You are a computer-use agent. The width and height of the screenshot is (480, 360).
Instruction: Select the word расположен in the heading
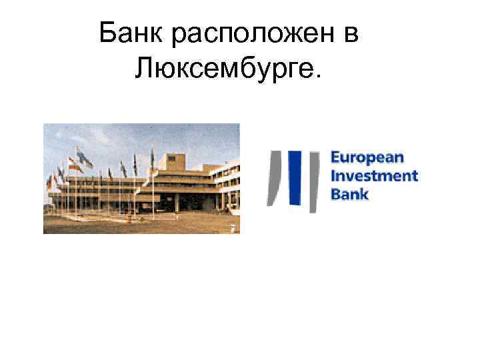252,35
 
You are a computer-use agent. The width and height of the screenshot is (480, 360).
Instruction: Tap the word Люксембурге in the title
225,67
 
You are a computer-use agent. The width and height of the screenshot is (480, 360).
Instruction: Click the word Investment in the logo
374,177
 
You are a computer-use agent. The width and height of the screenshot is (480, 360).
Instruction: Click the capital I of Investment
333,177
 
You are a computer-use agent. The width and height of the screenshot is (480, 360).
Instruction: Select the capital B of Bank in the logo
335,194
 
